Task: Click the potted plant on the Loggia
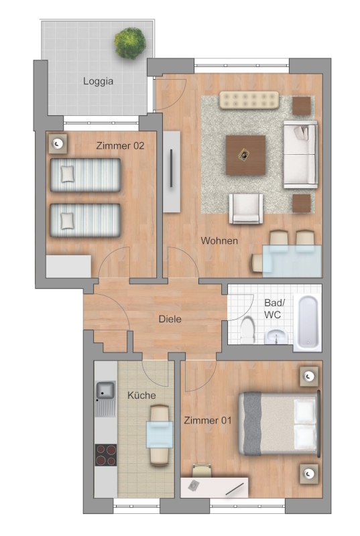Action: (130, 43)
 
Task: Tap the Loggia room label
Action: (98, 81)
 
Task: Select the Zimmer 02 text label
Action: (120, 145)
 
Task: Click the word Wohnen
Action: (219, 241)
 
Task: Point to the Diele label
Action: (170, 319)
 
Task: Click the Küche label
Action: (141, 395)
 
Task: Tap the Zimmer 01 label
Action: (208, 420)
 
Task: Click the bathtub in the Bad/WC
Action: (308, 323)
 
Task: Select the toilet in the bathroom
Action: (247, 330)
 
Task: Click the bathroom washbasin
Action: (276, 336)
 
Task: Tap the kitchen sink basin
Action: (105, 391)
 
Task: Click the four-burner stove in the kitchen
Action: (106, 455)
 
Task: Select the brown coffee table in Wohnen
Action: (245, 155)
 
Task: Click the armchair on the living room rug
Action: (246, 208)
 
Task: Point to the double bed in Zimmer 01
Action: (279, 423)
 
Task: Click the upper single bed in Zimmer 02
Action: (85, 175)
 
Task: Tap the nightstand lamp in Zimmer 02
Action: (57, 143)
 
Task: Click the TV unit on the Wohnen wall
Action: (171, 172)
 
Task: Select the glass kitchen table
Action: (160, 434)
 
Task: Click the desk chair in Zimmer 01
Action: (202, 470)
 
